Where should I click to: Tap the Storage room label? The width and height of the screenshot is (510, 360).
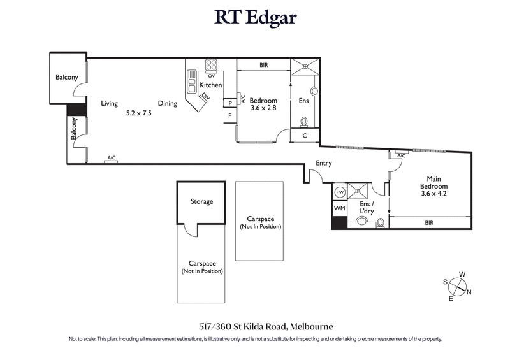201,202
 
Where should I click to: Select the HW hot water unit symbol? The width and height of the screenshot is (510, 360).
339,192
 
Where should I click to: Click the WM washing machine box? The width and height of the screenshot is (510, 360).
339,208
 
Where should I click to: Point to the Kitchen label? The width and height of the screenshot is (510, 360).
211,85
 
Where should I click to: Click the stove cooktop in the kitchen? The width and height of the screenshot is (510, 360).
211,65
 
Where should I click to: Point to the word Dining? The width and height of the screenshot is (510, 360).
168,103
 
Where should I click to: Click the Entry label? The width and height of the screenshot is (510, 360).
324,163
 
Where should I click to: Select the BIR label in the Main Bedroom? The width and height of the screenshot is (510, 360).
430,223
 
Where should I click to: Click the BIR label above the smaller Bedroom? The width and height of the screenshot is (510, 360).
263,65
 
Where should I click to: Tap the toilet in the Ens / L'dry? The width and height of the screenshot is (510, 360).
362,222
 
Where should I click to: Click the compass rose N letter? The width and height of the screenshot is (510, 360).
470,292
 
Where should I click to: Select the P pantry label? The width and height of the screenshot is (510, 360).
229,103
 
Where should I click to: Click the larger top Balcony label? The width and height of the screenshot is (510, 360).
66,77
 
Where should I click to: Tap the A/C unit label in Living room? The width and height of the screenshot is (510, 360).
111,157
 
